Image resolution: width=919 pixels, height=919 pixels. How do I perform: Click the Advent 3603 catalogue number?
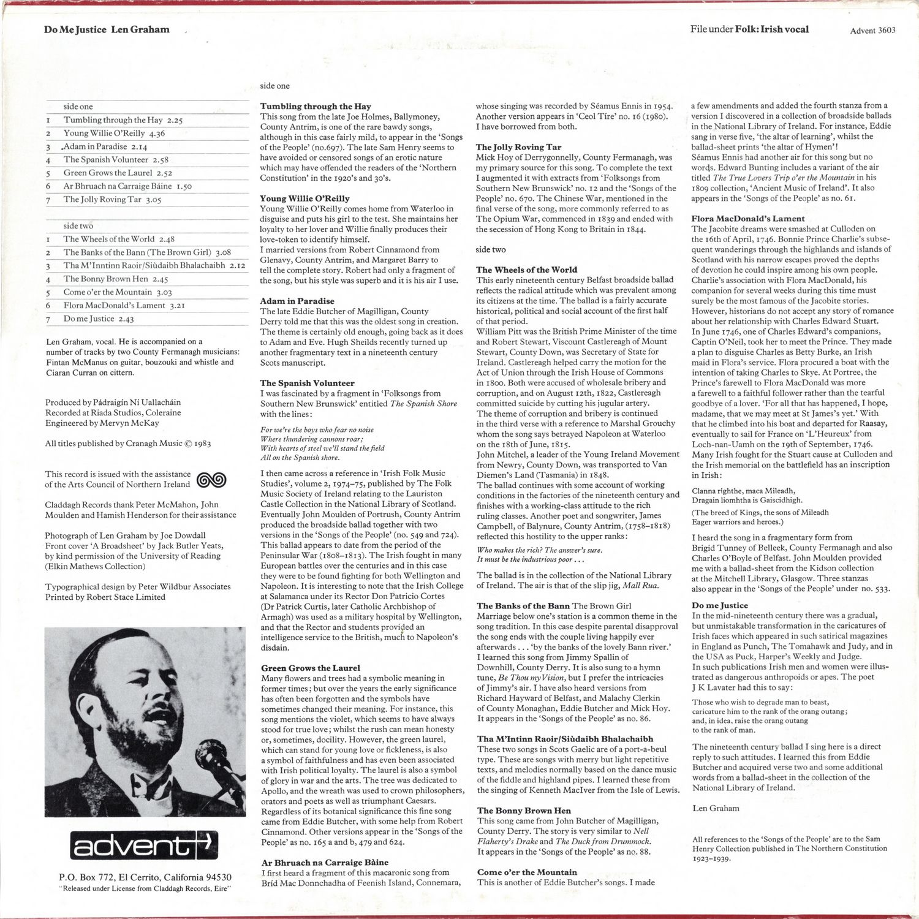pos(872,31)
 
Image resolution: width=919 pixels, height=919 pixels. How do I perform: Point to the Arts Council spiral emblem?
pos(211,480)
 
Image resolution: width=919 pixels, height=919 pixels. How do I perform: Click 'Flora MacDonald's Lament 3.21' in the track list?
pos(115,306)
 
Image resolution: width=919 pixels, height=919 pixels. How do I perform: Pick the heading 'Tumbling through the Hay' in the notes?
pos(316,107)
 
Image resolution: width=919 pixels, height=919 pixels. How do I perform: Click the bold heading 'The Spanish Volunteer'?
pos(308,383)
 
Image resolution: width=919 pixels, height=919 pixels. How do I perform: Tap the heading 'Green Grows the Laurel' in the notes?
pos(311,668)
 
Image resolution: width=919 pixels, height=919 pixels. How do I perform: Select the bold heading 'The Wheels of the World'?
pos(526,270)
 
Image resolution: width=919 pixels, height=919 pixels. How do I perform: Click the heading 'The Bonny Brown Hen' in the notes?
pos(524,811)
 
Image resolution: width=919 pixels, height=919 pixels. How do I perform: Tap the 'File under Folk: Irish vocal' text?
pos(749,29)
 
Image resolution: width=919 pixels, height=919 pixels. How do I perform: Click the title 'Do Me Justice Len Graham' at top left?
pos(107,29)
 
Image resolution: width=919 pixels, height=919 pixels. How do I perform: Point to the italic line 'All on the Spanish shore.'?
pos(300,458)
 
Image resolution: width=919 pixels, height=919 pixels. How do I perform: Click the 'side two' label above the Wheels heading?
pos(491,250)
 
